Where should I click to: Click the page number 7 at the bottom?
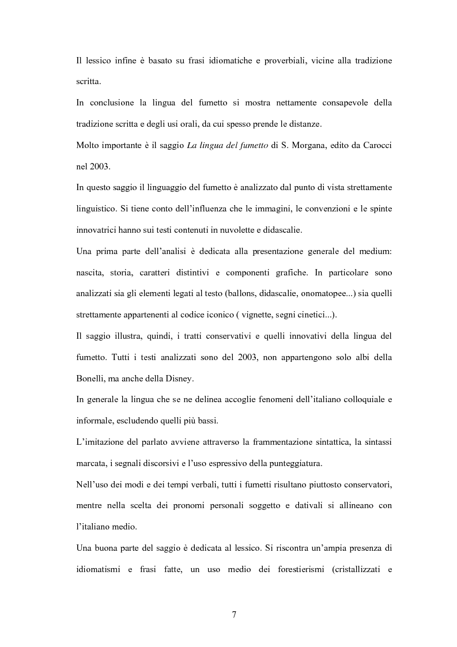pos(234,615)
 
